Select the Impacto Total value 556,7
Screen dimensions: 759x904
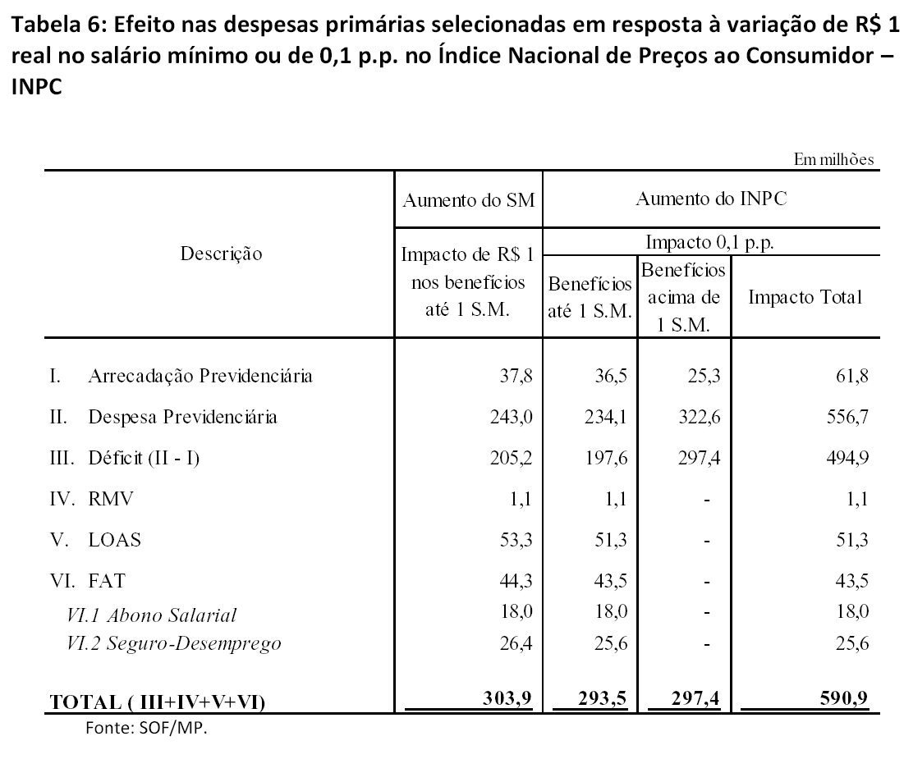(849, 418)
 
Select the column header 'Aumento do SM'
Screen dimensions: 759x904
(468, 199)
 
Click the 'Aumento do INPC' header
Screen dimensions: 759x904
(711, 199)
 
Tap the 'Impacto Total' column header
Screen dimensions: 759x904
(804, 297)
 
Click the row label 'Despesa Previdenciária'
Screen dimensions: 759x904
(182, 418)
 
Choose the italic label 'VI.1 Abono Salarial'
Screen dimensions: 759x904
(152, 615)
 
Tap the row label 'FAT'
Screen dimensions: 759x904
(107, 581)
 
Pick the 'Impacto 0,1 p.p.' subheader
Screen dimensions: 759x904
(711, 244)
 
